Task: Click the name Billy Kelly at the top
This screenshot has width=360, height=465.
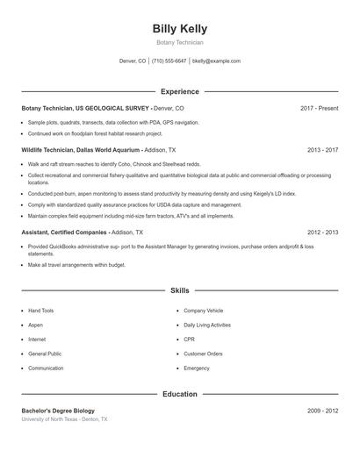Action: point(179,28)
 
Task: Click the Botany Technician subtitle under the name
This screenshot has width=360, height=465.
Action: point(179,42)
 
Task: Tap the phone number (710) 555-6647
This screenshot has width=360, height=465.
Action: point(169,61)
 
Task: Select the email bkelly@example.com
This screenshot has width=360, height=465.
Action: point(216,61)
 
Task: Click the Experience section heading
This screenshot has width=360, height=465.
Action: point(179,91)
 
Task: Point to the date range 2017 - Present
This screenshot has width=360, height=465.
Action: point(319,108)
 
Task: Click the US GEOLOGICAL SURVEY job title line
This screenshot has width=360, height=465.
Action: point(103,108)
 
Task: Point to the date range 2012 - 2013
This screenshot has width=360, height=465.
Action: point(322,232)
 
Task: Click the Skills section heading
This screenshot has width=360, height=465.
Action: point(179,290)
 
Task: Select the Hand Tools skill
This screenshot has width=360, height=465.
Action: point(40,311)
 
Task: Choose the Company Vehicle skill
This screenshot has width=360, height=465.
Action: point(203,311)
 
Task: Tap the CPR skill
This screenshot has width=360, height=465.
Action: point(189,340)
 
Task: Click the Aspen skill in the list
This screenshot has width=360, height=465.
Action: point(35,325)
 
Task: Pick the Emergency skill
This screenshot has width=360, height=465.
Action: point(197,368)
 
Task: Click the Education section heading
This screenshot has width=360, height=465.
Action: point(179,394)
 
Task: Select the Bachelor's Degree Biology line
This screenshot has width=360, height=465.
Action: point(57,411)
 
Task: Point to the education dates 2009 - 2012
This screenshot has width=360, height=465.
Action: point(322,411)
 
